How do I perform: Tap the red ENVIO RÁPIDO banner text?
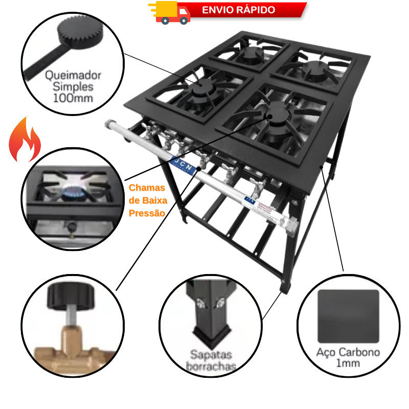pyautogui.click(x=238, y=10)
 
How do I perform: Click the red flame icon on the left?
pyautogui.click(x=25, y=139)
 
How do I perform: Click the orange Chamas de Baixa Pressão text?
pyautogui.click(x=147, y=200)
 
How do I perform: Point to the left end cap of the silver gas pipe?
pyautogui.click(x=108, y=125)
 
